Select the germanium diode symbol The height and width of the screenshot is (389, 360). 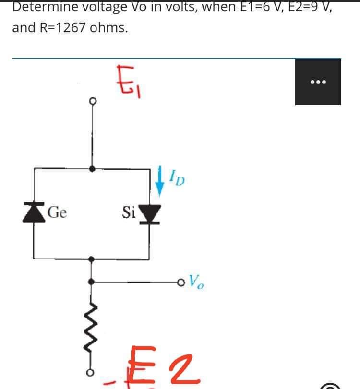pos(33,212)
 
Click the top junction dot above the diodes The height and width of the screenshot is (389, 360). pos(93,168)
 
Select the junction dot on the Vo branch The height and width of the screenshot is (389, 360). pos(93,281)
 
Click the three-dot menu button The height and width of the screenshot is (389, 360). pos(318,82)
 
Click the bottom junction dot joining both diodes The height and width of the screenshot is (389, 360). pos(93,258)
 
